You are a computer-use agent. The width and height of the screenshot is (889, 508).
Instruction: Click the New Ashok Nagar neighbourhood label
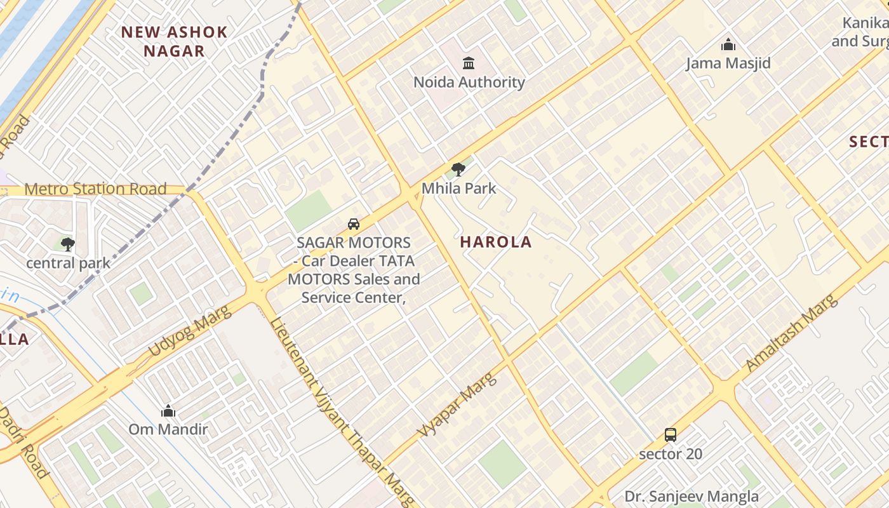(174, 41)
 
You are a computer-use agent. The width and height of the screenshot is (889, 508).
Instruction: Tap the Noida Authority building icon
(469, 63)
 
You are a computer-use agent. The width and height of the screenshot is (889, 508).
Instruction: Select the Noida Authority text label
(469, 82)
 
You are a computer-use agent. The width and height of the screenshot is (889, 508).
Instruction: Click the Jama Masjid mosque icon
(728, 44)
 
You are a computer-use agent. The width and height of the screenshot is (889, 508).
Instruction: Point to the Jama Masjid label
(728, 63)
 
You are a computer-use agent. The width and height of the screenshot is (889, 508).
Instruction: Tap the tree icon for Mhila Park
(458, 170)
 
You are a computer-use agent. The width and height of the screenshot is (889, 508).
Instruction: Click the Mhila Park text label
(458, 189)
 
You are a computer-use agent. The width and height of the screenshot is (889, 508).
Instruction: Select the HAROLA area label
(496, 242)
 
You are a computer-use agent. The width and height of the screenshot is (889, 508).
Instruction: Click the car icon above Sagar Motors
(354, 224)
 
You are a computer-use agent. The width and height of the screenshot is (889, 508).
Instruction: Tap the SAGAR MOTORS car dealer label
(354, 270)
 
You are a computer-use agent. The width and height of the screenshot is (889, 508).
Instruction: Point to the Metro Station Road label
(95, 189)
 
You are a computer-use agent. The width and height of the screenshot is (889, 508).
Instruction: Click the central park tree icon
(68, 244)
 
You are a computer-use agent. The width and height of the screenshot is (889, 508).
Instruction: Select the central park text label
(68, 263)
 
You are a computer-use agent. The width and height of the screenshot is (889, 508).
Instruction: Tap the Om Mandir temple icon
(168, 411)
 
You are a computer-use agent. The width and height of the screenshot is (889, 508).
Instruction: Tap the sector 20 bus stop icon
(671, 435)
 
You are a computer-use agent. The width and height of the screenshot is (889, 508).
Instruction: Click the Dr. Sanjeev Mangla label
(691, 497)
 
